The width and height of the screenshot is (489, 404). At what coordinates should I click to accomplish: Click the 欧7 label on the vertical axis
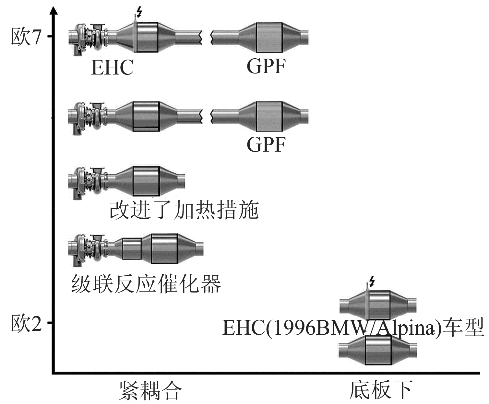click(27, 37)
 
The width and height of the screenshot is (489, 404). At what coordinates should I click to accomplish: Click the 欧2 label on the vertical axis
click(27, 323)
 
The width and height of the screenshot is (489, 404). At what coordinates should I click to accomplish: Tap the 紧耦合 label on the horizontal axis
click(149, 390)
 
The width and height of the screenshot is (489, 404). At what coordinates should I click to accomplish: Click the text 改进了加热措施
click(184, 210)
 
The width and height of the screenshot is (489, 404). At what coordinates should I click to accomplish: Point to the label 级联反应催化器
click(146, 284)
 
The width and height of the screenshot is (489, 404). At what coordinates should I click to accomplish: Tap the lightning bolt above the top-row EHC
click(139, 12)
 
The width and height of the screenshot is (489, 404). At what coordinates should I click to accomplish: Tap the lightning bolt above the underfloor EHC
click(372, 281)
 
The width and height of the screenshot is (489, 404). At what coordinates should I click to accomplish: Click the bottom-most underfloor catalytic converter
click(378, 350)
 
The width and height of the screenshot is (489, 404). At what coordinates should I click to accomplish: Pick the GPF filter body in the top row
click(269, 37)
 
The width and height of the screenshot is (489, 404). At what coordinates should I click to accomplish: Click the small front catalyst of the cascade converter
click(132, 249)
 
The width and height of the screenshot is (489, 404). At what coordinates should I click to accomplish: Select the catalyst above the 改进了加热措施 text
click(146, 181)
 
